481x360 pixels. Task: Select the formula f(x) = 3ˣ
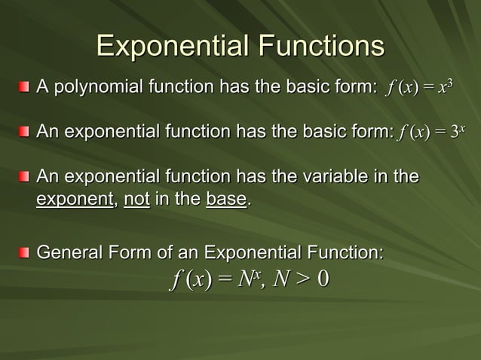(434, 134)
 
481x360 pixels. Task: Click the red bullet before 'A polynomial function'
(26, 91)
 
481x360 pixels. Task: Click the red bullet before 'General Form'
(26, 251)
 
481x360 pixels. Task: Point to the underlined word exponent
(75, 200)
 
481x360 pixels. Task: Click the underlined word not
(136, 200)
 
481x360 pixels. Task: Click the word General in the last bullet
(69, 251)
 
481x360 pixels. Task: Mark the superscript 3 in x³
(449, 85)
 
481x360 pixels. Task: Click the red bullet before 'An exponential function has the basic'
(26, 134)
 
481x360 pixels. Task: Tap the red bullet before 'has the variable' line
(26, 178)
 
